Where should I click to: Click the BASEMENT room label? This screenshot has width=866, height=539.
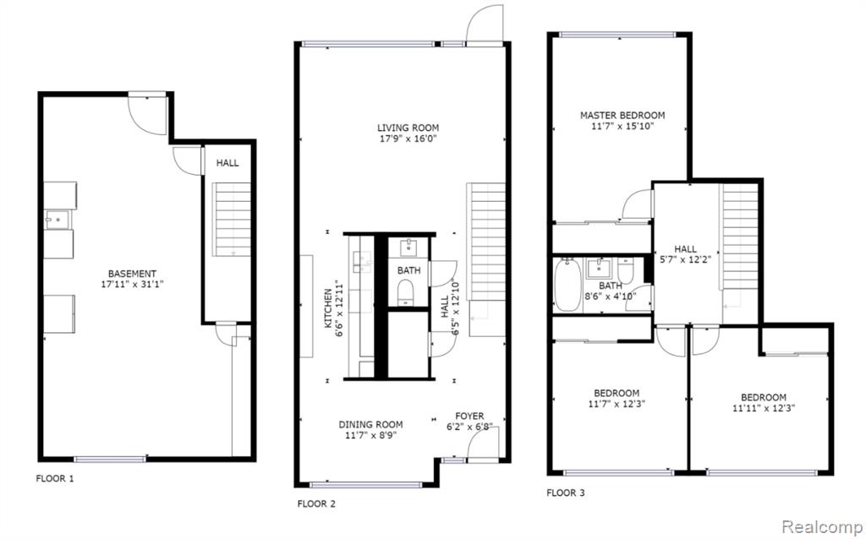[132, 273]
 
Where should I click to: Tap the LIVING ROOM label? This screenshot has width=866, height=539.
[408, 128]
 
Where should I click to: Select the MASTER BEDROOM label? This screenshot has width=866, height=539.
[622, 115]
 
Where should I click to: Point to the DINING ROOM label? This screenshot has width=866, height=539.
[370, 425]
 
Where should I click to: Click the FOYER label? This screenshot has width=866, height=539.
[469, 416]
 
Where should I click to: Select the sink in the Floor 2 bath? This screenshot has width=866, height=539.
[409, 247]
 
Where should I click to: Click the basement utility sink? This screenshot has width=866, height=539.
[52, 220]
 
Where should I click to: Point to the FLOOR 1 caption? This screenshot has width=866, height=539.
[55, 478]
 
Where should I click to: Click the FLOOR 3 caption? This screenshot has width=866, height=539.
[565, 493]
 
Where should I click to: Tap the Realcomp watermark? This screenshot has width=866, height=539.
[820, 527]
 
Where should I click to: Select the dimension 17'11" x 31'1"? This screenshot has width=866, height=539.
[132, 285]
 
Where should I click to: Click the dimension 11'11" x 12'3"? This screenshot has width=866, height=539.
[763, 408]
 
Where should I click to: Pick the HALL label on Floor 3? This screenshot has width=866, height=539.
[686, 248]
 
